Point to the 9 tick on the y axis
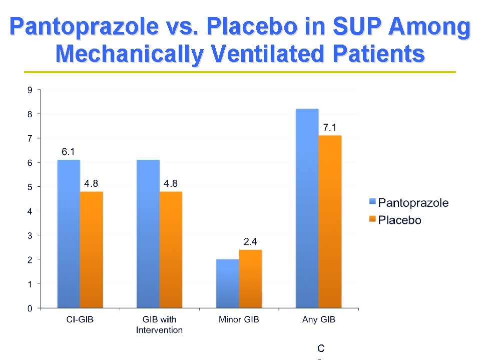(x=30, y=90)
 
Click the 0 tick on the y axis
(x=30, y=308)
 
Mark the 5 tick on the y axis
(x=30, y=187)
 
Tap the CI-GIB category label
(x=79, y=319)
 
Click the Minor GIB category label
(x=239, y=319)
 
